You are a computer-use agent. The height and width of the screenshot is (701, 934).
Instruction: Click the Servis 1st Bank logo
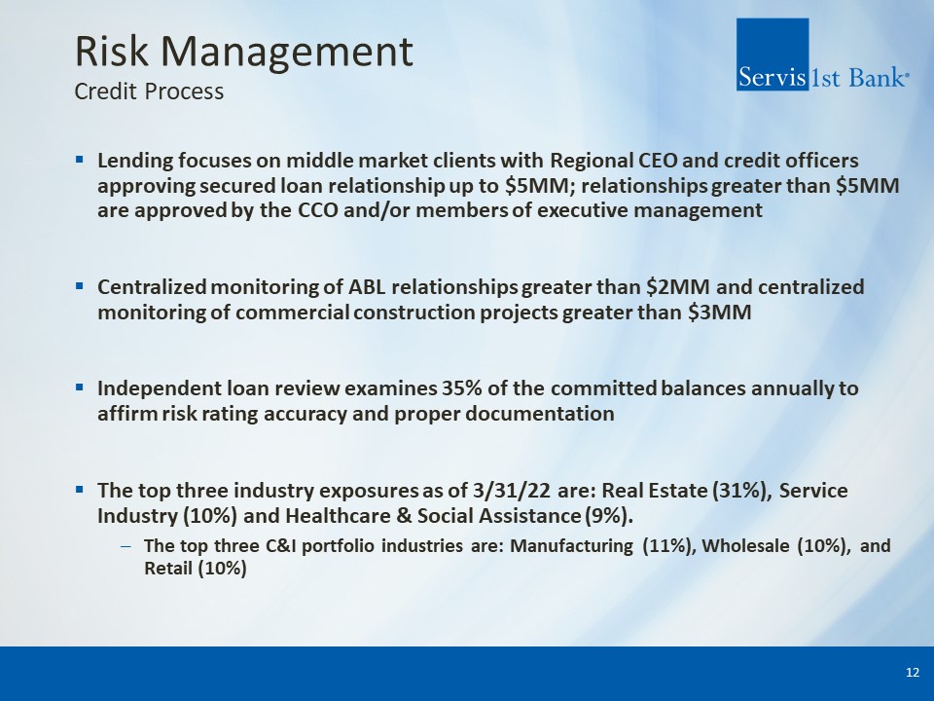point(822,55)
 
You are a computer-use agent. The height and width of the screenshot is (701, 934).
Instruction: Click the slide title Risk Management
point(243,53)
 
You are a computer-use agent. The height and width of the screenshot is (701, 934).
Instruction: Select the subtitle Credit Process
point(149,92)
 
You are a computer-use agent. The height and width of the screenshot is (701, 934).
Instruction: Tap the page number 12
point(912,673)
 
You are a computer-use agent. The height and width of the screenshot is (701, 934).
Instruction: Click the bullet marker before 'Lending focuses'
point(80,160)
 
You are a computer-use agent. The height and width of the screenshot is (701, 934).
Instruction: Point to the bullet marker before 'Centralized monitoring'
point(80,286)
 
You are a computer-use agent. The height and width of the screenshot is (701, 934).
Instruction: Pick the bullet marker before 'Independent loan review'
point(80,388)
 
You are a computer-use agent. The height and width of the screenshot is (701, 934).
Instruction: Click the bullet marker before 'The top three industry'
point(80,490)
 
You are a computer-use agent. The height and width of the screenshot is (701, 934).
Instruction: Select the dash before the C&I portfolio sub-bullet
point(126,546)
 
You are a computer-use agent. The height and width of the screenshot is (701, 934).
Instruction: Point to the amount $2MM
point(678,286)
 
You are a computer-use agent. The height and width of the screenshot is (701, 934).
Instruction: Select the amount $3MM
point(720,313)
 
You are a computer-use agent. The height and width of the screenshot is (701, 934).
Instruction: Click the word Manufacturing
point(571,546)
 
